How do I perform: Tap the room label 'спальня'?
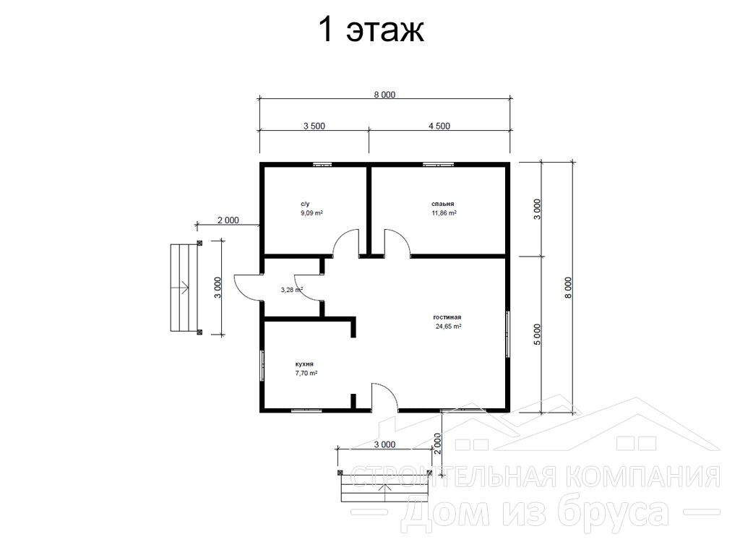(x=443, y=204)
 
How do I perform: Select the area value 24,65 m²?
(x=448, y=326)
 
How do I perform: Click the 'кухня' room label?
(x=304, y=364)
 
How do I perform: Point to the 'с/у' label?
(x=306, y=204)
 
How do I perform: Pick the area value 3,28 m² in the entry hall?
(x=292, y=290)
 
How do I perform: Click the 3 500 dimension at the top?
(x=314, y=126)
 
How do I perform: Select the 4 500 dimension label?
(x=439, y=126)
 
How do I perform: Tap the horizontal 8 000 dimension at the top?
(x=384, y=95)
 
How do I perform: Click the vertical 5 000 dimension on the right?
(x=538, y=335)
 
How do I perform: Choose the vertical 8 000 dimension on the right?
(x=568, y=288)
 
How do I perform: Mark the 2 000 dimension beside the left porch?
(x=228, y=220)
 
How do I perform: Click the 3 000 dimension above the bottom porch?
(x=384, y=444)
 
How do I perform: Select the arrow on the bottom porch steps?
(x=384, y=493)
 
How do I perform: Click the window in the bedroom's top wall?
(x=438, y=164)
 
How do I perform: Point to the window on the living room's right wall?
(x=508, y=334)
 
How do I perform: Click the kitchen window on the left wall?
(x=262, y=365)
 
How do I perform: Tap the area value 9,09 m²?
(x=312, y=213)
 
